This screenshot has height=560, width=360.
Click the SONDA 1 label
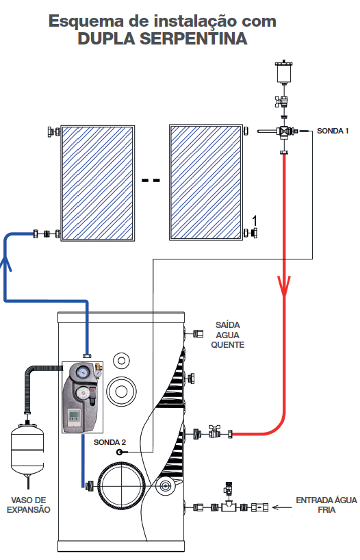(333, 131)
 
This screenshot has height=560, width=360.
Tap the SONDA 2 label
(110, 442)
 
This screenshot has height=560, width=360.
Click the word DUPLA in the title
(107, 38)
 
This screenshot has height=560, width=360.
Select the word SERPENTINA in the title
(193, 38)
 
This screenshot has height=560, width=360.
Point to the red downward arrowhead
(284, 285)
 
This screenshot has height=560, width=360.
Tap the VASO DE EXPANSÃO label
(29, 505)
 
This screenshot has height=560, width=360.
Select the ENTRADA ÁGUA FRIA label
(326, 505)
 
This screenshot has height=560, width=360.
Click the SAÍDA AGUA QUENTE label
(228, 335)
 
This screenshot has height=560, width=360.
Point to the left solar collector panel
(97, 183)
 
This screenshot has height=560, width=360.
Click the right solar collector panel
(206, 183)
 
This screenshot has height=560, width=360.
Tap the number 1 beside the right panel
(255, 221)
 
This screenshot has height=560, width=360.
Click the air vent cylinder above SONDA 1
(284, 72)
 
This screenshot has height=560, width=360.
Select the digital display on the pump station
(75, 416)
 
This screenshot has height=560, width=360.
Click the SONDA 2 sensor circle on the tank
(120, 453)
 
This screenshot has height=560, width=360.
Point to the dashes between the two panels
(151, 180)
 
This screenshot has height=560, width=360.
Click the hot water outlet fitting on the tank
(198, 334)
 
